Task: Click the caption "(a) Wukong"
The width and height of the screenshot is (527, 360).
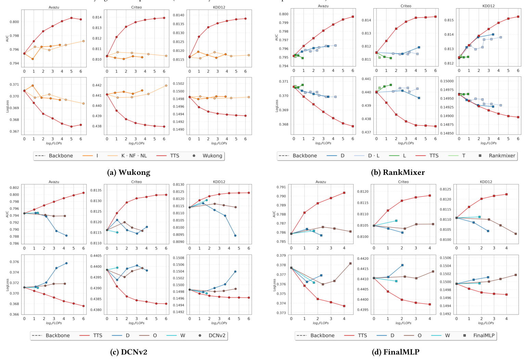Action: (x=129, y=172)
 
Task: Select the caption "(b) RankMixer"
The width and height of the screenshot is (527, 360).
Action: (x=398, y=172)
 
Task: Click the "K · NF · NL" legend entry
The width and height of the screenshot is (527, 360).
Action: (x=134, y=156)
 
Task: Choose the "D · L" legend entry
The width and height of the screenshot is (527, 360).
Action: (x=373, y=156)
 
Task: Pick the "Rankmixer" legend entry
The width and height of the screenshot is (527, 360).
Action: (x=502, y=156)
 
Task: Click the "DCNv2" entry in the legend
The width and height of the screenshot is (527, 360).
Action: (x=217, y=335)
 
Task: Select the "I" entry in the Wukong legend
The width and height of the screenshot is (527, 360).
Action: (x=97, y=156)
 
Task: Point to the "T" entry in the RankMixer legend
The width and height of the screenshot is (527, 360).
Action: (x=464, y=156)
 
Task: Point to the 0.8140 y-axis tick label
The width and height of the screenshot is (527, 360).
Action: (x=179, y=15)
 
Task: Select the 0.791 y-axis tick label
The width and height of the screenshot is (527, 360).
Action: (x=281, y=187)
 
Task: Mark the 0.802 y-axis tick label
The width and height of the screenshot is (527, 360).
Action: (x=14, y=188)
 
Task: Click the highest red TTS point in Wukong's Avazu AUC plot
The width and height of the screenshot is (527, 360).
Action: (x=72, y=18)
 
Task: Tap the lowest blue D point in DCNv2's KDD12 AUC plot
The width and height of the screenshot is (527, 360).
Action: (x=235, y=235)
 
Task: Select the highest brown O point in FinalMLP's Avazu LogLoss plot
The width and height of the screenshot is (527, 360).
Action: (x=350, y=263)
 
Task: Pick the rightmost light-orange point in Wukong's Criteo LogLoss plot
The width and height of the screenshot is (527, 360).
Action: (x=166, y=86)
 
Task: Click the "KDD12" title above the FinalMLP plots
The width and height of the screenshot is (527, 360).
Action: (x=486, y=182)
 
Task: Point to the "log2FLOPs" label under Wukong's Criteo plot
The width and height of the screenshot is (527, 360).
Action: (x=137, y=143)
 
